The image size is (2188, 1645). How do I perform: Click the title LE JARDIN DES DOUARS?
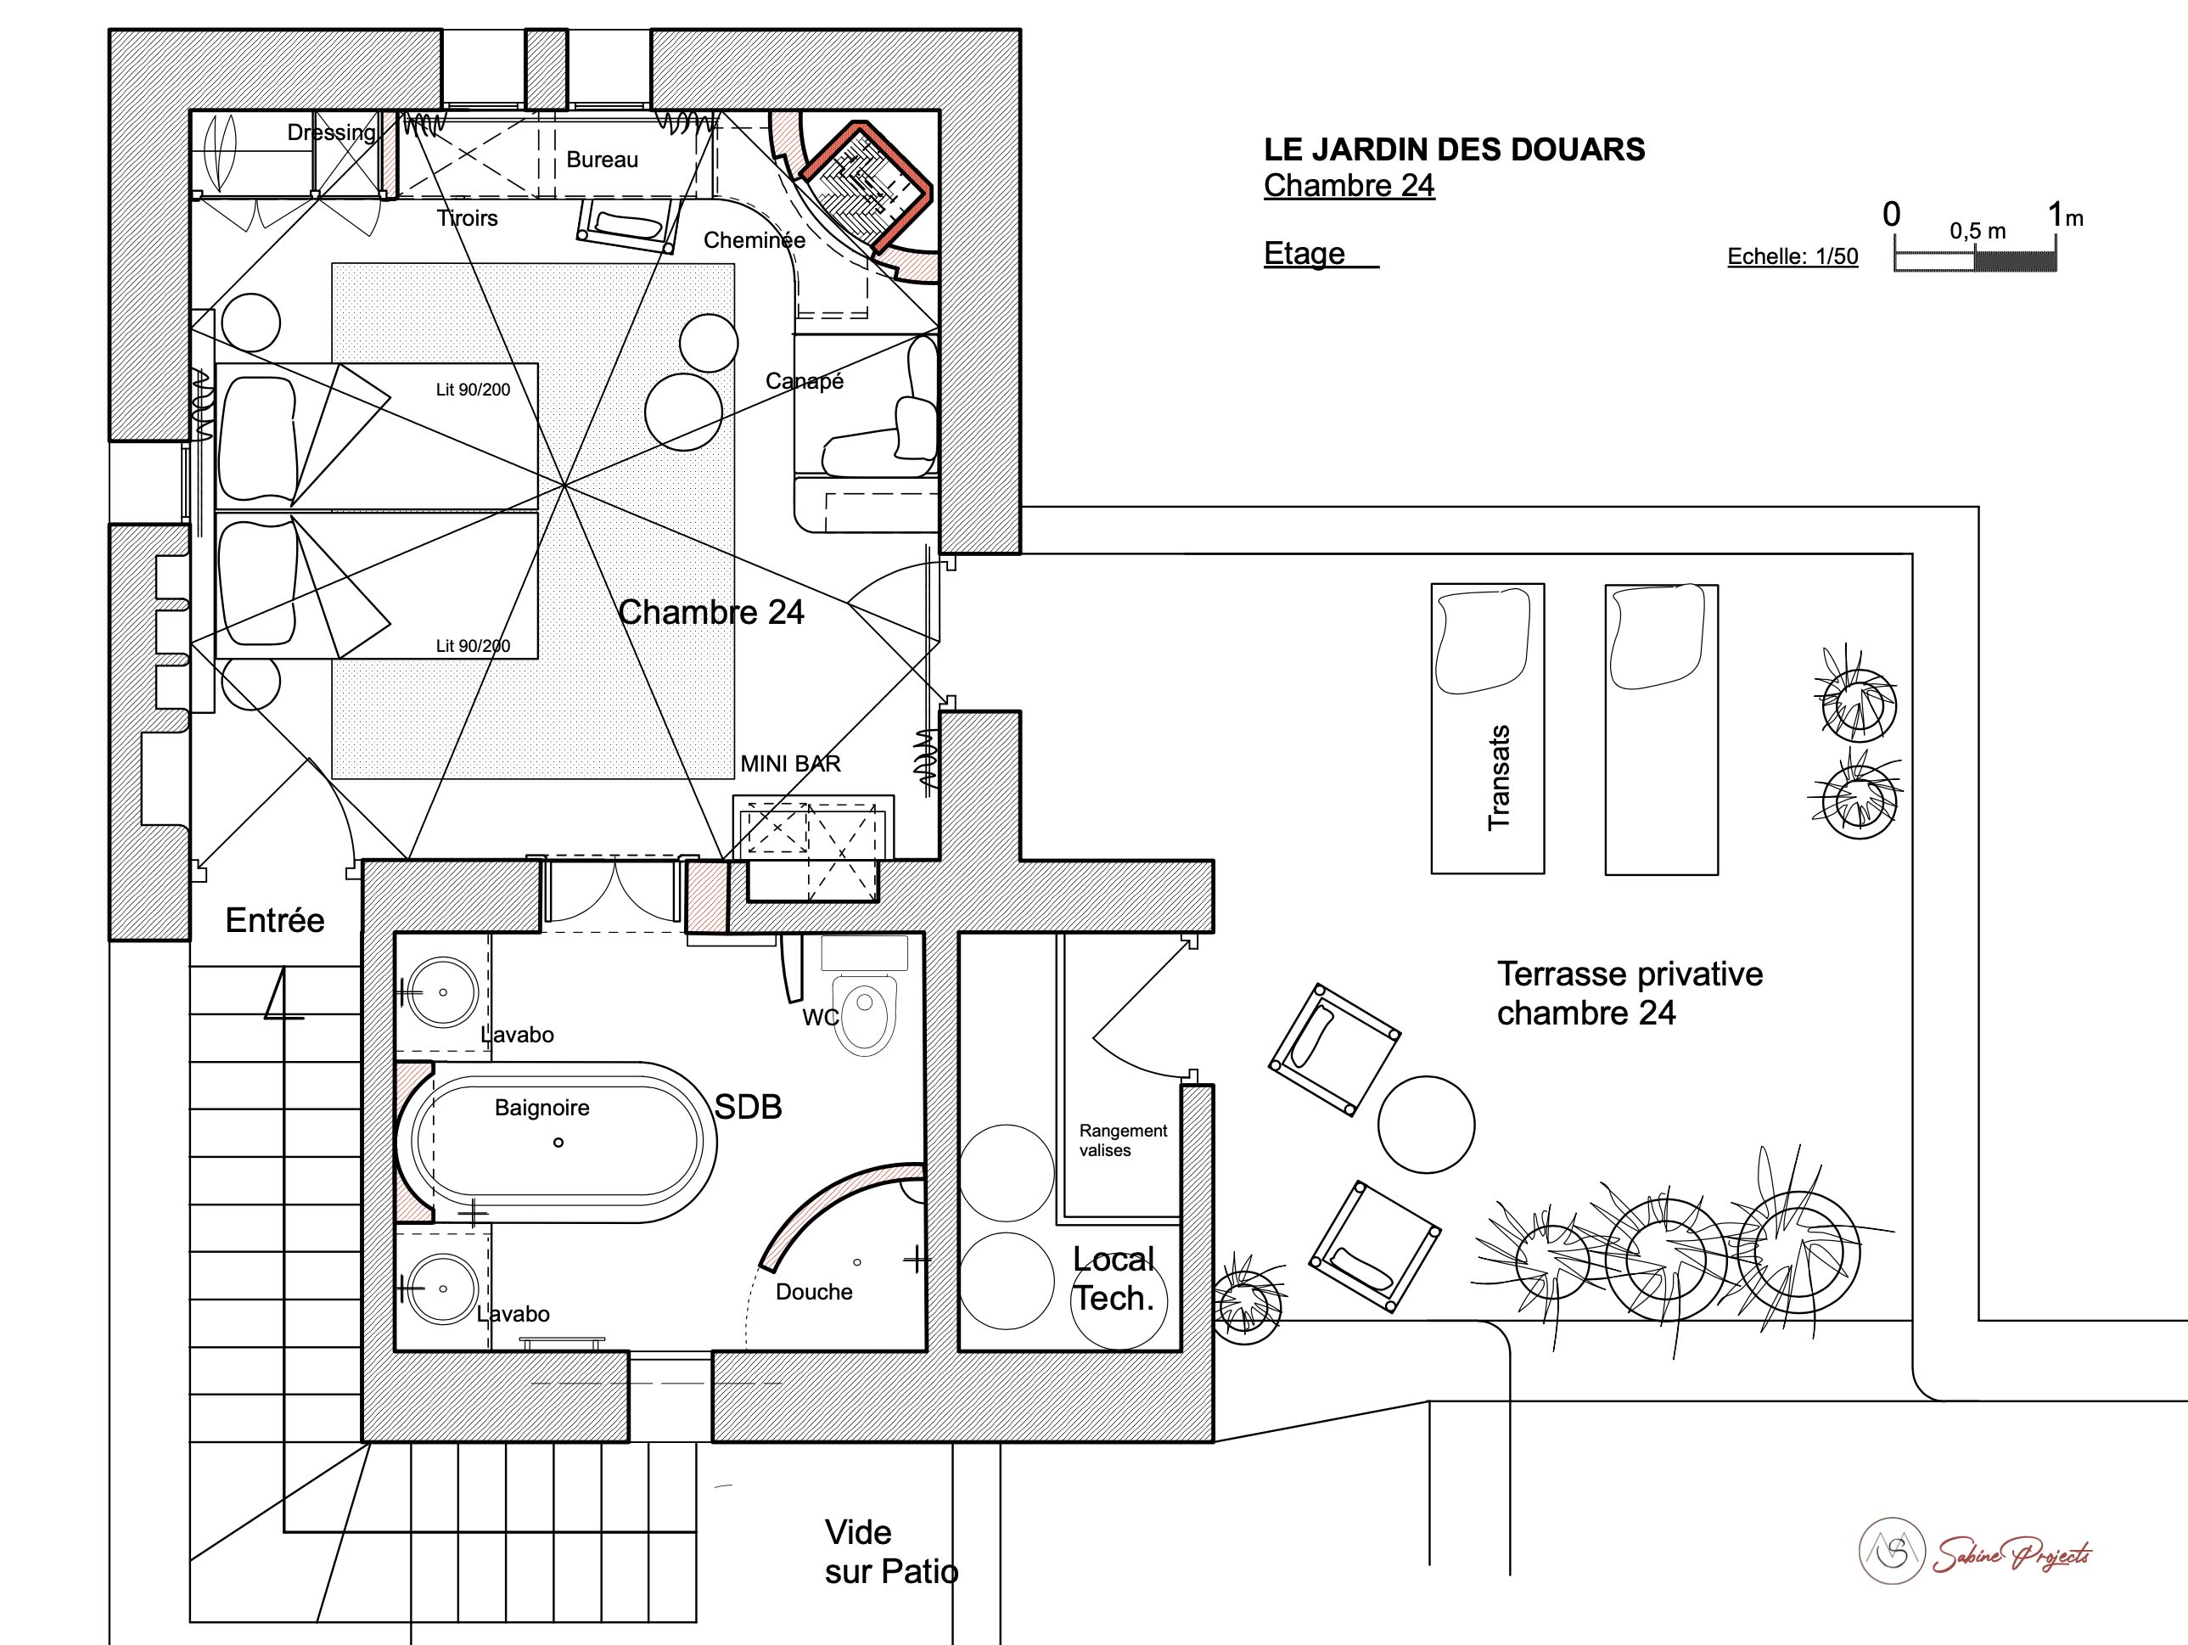[x=1454, y=149]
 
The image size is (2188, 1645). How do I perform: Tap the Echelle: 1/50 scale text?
[x=1792, y=256]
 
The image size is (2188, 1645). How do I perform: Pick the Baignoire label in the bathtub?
[x=542, y=1108]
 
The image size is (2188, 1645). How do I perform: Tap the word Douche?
[x=814, y=1292]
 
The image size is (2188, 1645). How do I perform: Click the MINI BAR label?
[x=790, y=764]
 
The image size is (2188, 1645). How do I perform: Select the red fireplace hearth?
[x=866, y=187]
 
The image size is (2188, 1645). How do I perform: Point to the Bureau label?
[x=603, y=160]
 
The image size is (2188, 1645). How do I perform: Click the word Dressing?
[x=331, y=132]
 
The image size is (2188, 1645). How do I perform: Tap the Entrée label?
[x=275, y=920]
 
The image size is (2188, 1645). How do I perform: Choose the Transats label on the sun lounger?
[x=1499, y=778]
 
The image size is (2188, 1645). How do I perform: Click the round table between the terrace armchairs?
[x=1427, y=1125]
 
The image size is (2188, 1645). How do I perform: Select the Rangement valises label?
[x=1123, y=1141]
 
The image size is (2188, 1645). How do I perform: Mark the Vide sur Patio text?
[x=891, y=1552]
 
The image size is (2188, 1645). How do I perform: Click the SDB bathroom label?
[x=748, y=1107]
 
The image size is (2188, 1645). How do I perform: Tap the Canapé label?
[x=805, y=381]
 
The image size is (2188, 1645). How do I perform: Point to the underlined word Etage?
[x=1304, y=253]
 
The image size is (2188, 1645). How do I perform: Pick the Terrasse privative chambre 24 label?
[x=1630, y=993]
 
